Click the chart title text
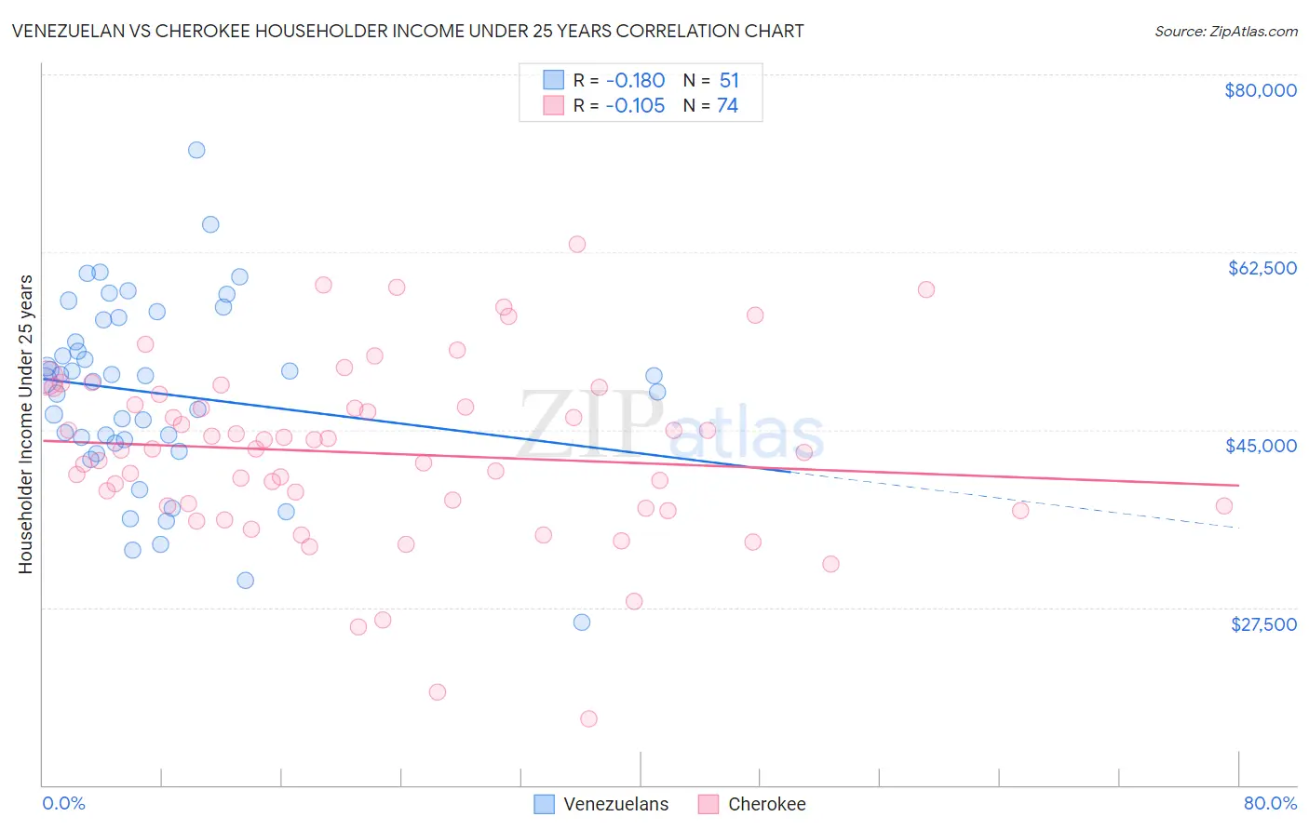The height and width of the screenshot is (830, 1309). pyautogui.click(x=408, y=31)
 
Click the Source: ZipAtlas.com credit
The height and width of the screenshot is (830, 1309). pyautogui.click(x=1225, y=31)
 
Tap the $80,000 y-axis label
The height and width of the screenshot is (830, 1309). pyautogui.click(x=1260, y=90)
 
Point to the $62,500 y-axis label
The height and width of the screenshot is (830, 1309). pyautogui.click(x=1262, y=268)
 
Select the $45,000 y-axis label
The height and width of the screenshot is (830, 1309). pyautogui.click(x=1261, y=446)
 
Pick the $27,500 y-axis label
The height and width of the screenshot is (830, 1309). pyautogui.click(x=1263, y=624)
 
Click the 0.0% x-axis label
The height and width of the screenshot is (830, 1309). pyautogui.click(x=63, y=803)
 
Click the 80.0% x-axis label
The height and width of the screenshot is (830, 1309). pyautogui.click(x=1270, y=803)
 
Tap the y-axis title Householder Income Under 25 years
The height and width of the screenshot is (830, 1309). pyautogui.click(x=25, y=423)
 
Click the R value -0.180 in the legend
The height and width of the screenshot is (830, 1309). pyautogui.click(x=635, y=80)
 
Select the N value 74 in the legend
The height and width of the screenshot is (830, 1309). pyautogui.click(x=727, y=105)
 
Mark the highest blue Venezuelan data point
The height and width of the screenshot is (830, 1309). pyautogui.click(x=196, y=150)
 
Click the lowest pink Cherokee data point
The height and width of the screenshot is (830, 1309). pyautogui.click(x=588, y=718)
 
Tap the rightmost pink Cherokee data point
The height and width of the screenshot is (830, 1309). pyautogui.click(x=1224, y=506)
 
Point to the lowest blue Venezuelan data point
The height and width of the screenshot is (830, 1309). pyautogui.click(x=582, y=622)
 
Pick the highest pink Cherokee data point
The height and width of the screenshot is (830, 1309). pyautogui.click(x=577, y=245)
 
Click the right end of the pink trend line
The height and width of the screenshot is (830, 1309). pyautogui.click(x=1238, y=485)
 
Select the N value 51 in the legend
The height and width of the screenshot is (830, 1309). pyautogui.click(x=729, y=80)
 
